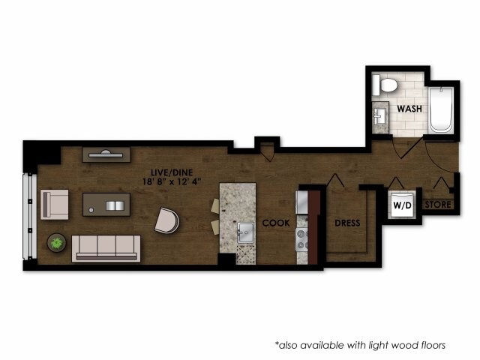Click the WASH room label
409,108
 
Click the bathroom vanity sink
380,117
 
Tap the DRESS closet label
347,223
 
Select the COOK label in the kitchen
276,223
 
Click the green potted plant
56,242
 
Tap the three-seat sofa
106,247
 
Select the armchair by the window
54,203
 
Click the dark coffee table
106,204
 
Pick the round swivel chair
167,220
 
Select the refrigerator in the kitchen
303,202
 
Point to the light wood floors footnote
360,345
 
